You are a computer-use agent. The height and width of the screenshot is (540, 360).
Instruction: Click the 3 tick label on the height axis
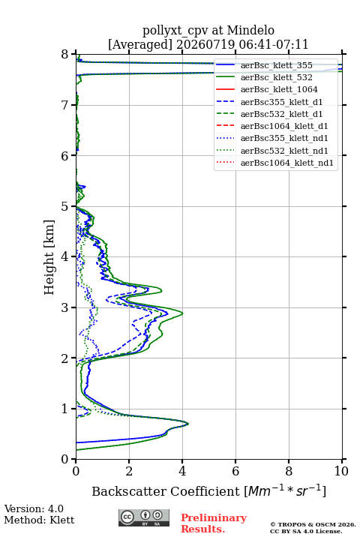tap(64, 307)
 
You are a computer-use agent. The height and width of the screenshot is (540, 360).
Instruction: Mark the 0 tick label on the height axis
tap(64, 459)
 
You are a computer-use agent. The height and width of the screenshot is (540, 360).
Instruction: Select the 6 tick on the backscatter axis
tap(235, 459)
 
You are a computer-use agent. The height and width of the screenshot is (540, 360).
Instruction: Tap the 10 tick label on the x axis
tap(341, 471)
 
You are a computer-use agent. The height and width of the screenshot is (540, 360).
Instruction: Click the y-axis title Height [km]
tap(49, 257)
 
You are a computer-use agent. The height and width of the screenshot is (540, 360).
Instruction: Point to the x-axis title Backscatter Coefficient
tap(166, 491)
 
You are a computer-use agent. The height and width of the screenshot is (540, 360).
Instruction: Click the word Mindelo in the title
tap(250, 30)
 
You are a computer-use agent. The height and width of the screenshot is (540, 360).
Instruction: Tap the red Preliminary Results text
tap(214, 523)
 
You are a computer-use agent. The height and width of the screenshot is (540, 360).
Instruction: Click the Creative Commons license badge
tap(144, 517)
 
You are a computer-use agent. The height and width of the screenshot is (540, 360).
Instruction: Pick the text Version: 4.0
tap(34, 508)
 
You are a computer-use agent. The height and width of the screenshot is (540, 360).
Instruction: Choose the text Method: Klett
tap(39, 520)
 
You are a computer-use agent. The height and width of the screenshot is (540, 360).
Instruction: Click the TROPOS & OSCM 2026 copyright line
tap(313, 524)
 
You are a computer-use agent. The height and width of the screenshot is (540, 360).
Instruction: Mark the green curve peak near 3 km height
tap(182, 313)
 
